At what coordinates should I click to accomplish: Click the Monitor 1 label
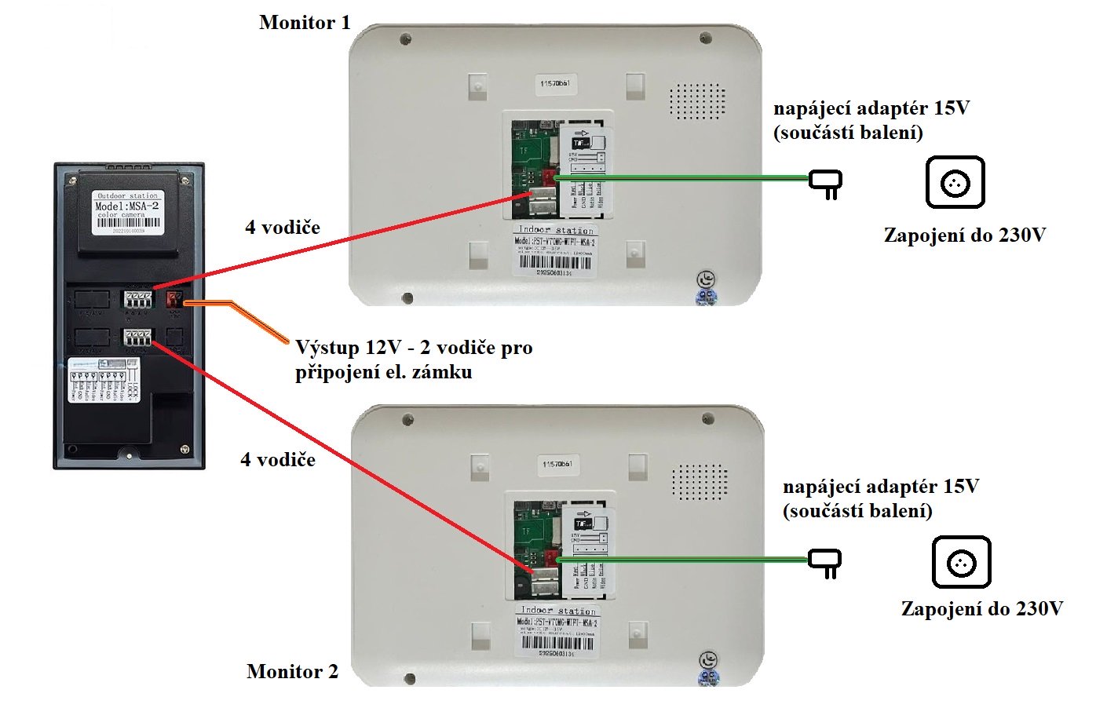[305, 23]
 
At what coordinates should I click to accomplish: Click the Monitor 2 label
[292, 671]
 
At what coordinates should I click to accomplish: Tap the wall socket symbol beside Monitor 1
[955, 182]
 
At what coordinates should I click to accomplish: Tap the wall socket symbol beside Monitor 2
[961, 562]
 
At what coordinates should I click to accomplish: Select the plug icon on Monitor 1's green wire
[826, 184]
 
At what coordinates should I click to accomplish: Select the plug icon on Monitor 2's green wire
[825, 563]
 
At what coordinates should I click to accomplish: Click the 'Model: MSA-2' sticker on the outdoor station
[127, 212]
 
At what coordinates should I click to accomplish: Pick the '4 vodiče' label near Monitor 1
[283, 228]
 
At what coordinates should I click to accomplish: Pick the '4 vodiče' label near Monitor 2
[278, 460]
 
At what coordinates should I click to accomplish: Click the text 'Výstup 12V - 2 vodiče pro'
[414, 347]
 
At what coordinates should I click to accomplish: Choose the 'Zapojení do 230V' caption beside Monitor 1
[965, 235]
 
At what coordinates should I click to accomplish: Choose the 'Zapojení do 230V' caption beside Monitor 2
[982, 608]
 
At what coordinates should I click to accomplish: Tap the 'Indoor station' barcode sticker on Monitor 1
[554, 250]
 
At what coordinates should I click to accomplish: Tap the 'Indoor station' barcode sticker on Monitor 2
[557, 630]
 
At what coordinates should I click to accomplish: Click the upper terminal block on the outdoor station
[137, 299]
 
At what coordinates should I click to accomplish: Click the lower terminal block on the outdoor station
[137, 338]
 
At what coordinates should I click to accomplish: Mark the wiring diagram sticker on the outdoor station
[104, 380]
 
